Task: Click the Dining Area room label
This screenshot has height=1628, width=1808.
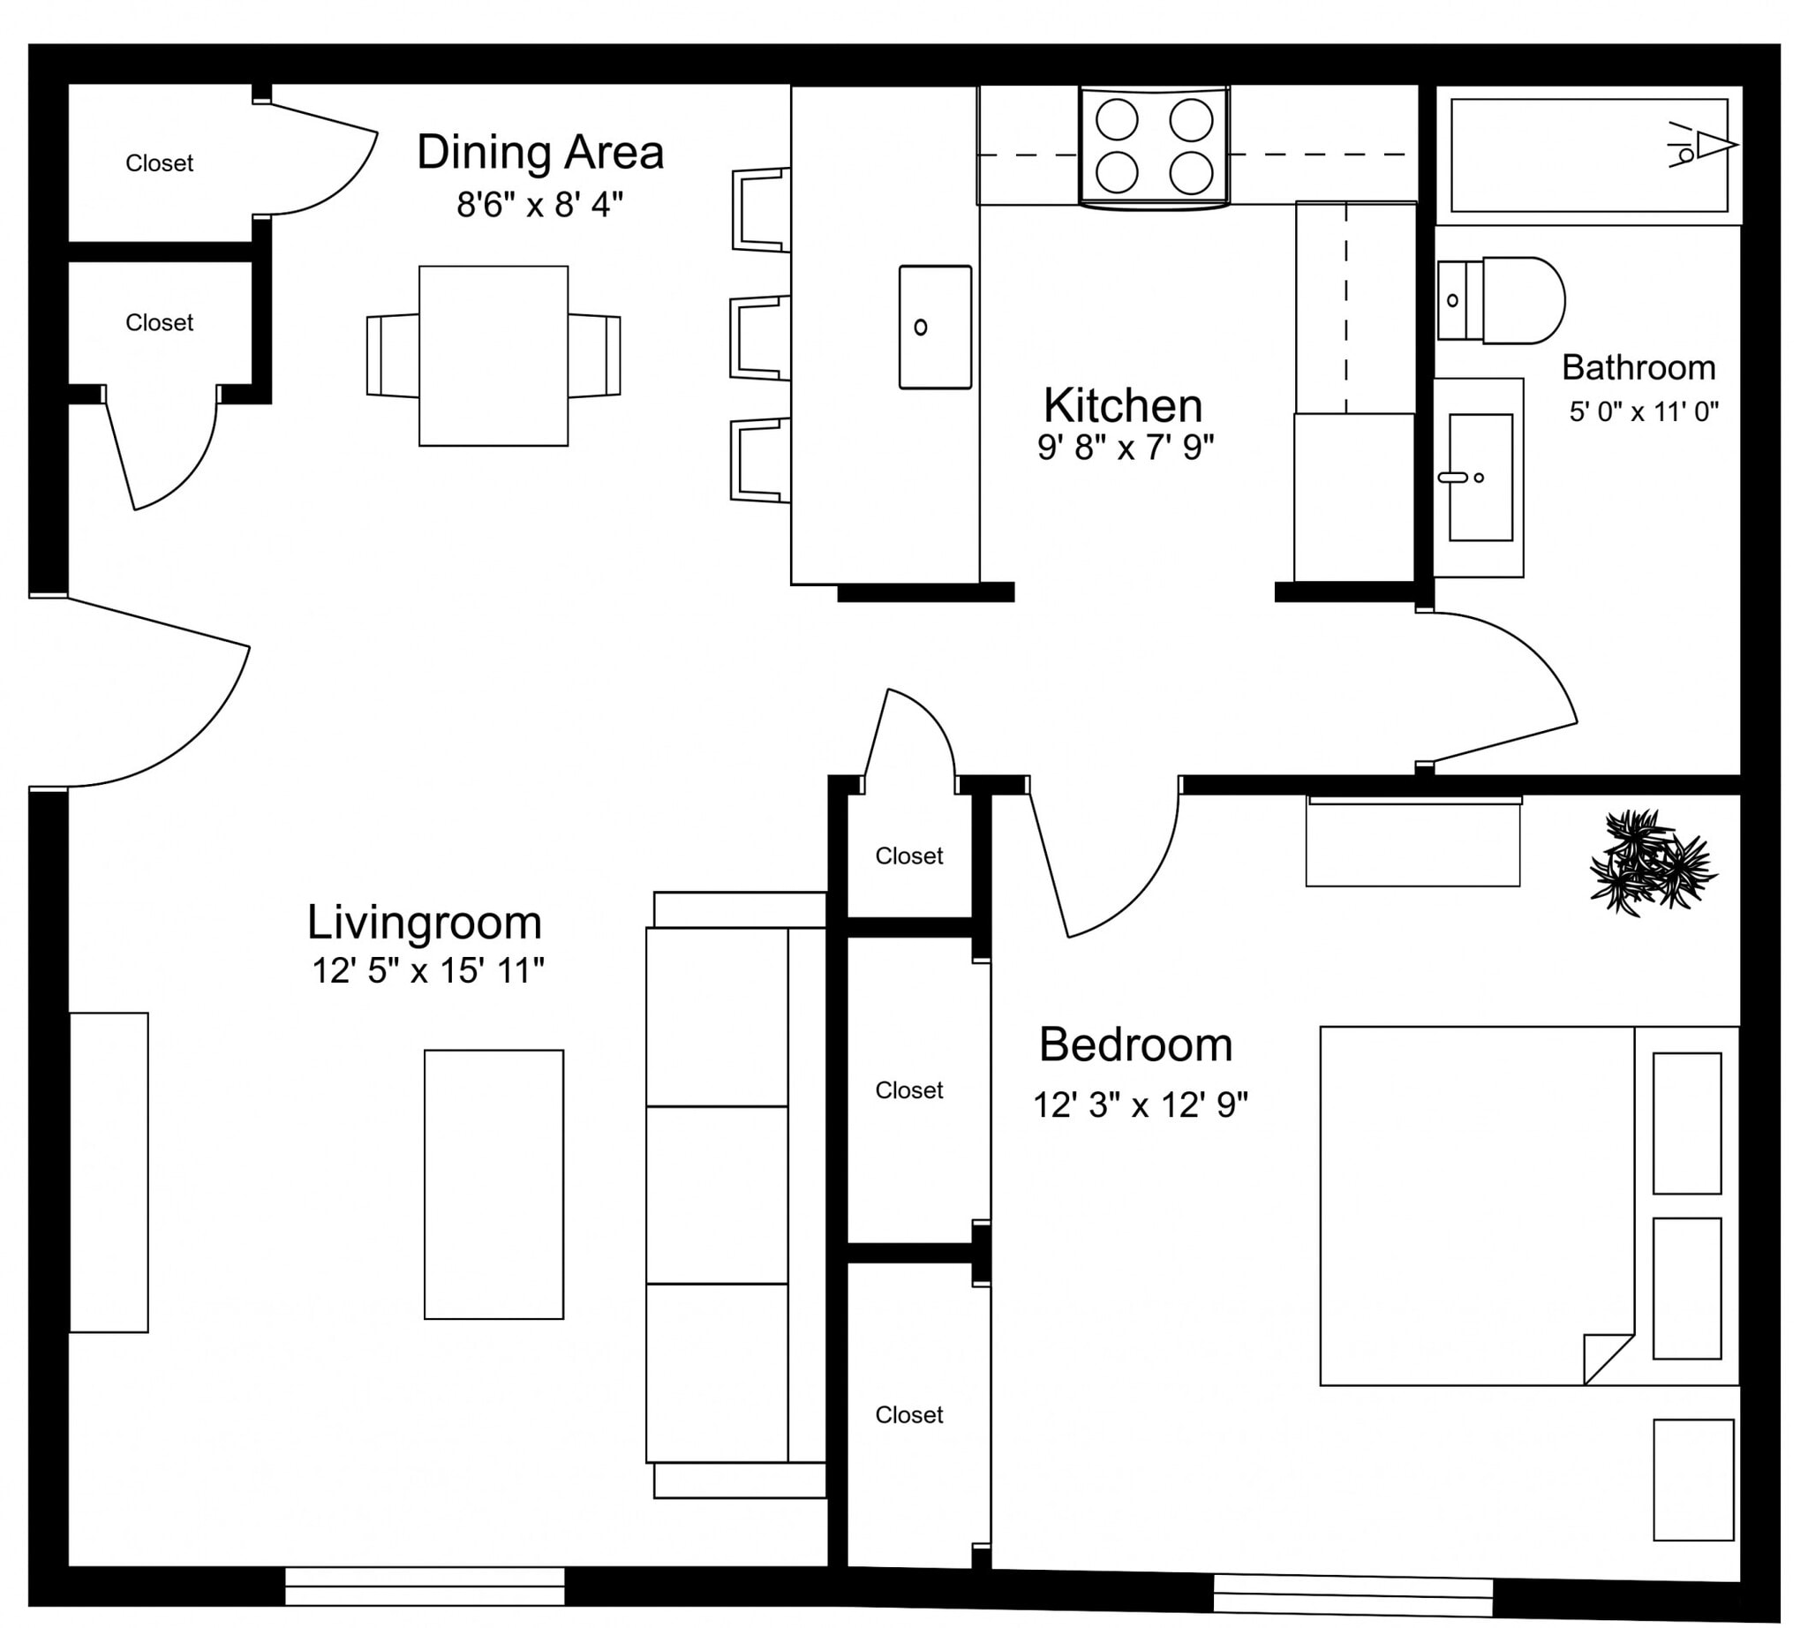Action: [x=539, y=152]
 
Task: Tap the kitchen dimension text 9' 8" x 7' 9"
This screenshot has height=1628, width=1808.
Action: [x=1125, y=448]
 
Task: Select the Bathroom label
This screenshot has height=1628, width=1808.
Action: [x=1637, y=367]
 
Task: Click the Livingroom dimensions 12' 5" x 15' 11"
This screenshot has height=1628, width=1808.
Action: [x=426, y=970]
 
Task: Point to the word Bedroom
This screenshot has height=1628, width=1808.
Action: [x=1135, y=1044]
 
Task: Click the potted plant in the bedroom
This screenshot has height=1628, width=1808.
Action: [x=1652, y=863]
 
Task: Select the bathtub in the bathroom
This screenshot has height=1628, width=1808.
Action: [x=1588, y=155]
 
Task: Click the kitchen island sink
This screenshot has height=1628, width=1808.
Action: [x=934, y=328]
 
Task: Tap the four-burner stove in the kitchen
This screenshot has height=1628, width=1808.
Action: [x=1153, y=146]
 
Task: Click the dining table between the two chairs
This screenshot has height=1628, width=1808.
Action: [x=493, y=356]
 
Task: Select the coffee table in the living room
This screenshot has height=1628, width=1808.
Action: [x=493, y=1184]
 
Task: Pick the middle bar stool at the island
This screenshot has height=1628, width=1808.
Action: [x=759, y=339]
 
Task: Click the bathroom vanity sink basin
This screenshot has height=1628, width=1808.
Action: [x=1480, y=477]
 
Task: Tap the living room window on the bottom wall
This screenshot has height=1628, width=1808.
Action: [x=424, y=1586]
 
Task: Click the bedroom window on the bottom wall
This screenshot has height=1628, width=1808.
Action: [x=1352, y=1595]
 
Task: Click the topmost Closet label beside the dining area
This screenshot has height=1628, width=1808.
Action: [x=159, y=163]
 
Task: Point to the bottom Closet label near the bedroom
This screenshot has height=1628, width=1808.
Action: [x=908, y=1415]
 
